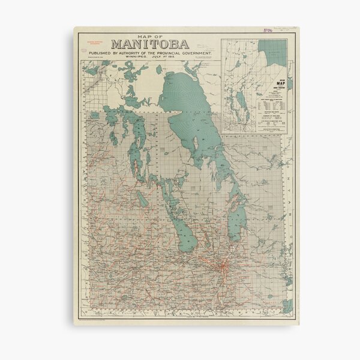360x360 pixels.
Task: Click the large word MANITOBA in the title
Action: (x=150, y=44)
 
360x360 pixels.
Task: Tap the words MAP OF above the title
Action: (x=150, y=35)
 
